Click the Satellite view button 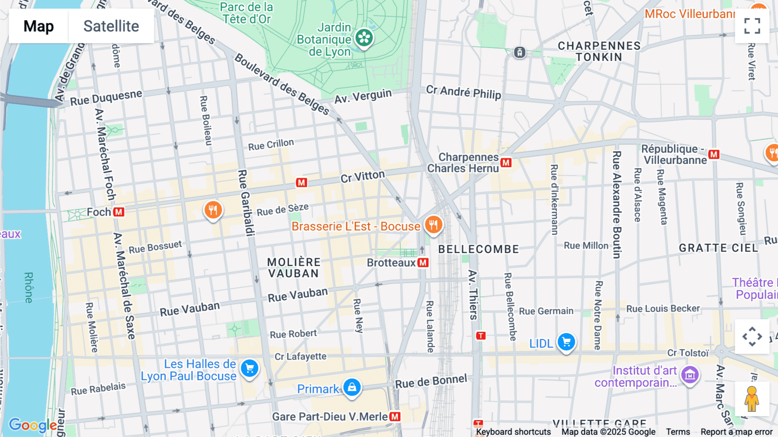point(111,26)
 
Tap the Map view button point(38,26)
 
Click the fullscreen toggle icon point(752,26)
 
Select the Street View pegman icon point(752,399)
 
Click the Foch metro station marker point(119,212)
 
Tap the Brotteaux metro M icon point(423,263)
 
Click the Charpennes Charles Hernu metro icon point(506,163)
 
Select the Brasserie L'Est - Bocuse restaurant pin point(433,225)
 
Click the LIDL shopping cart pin point(566,342)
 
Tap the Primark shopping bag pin point(352,387)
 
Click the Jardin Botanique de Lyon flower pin point(364,38)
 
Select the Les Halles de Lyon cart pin point(249,369)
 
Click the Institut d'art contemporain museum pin point(690,375)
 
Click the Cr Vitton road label point(362,177)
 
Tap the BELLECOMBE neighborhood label point(478,249)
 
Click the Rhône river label point(29,287)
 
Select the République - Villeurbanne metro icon point(714,154)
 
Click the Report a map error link point(736,432)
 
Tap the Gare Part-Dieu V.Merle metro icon point(395,417)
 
